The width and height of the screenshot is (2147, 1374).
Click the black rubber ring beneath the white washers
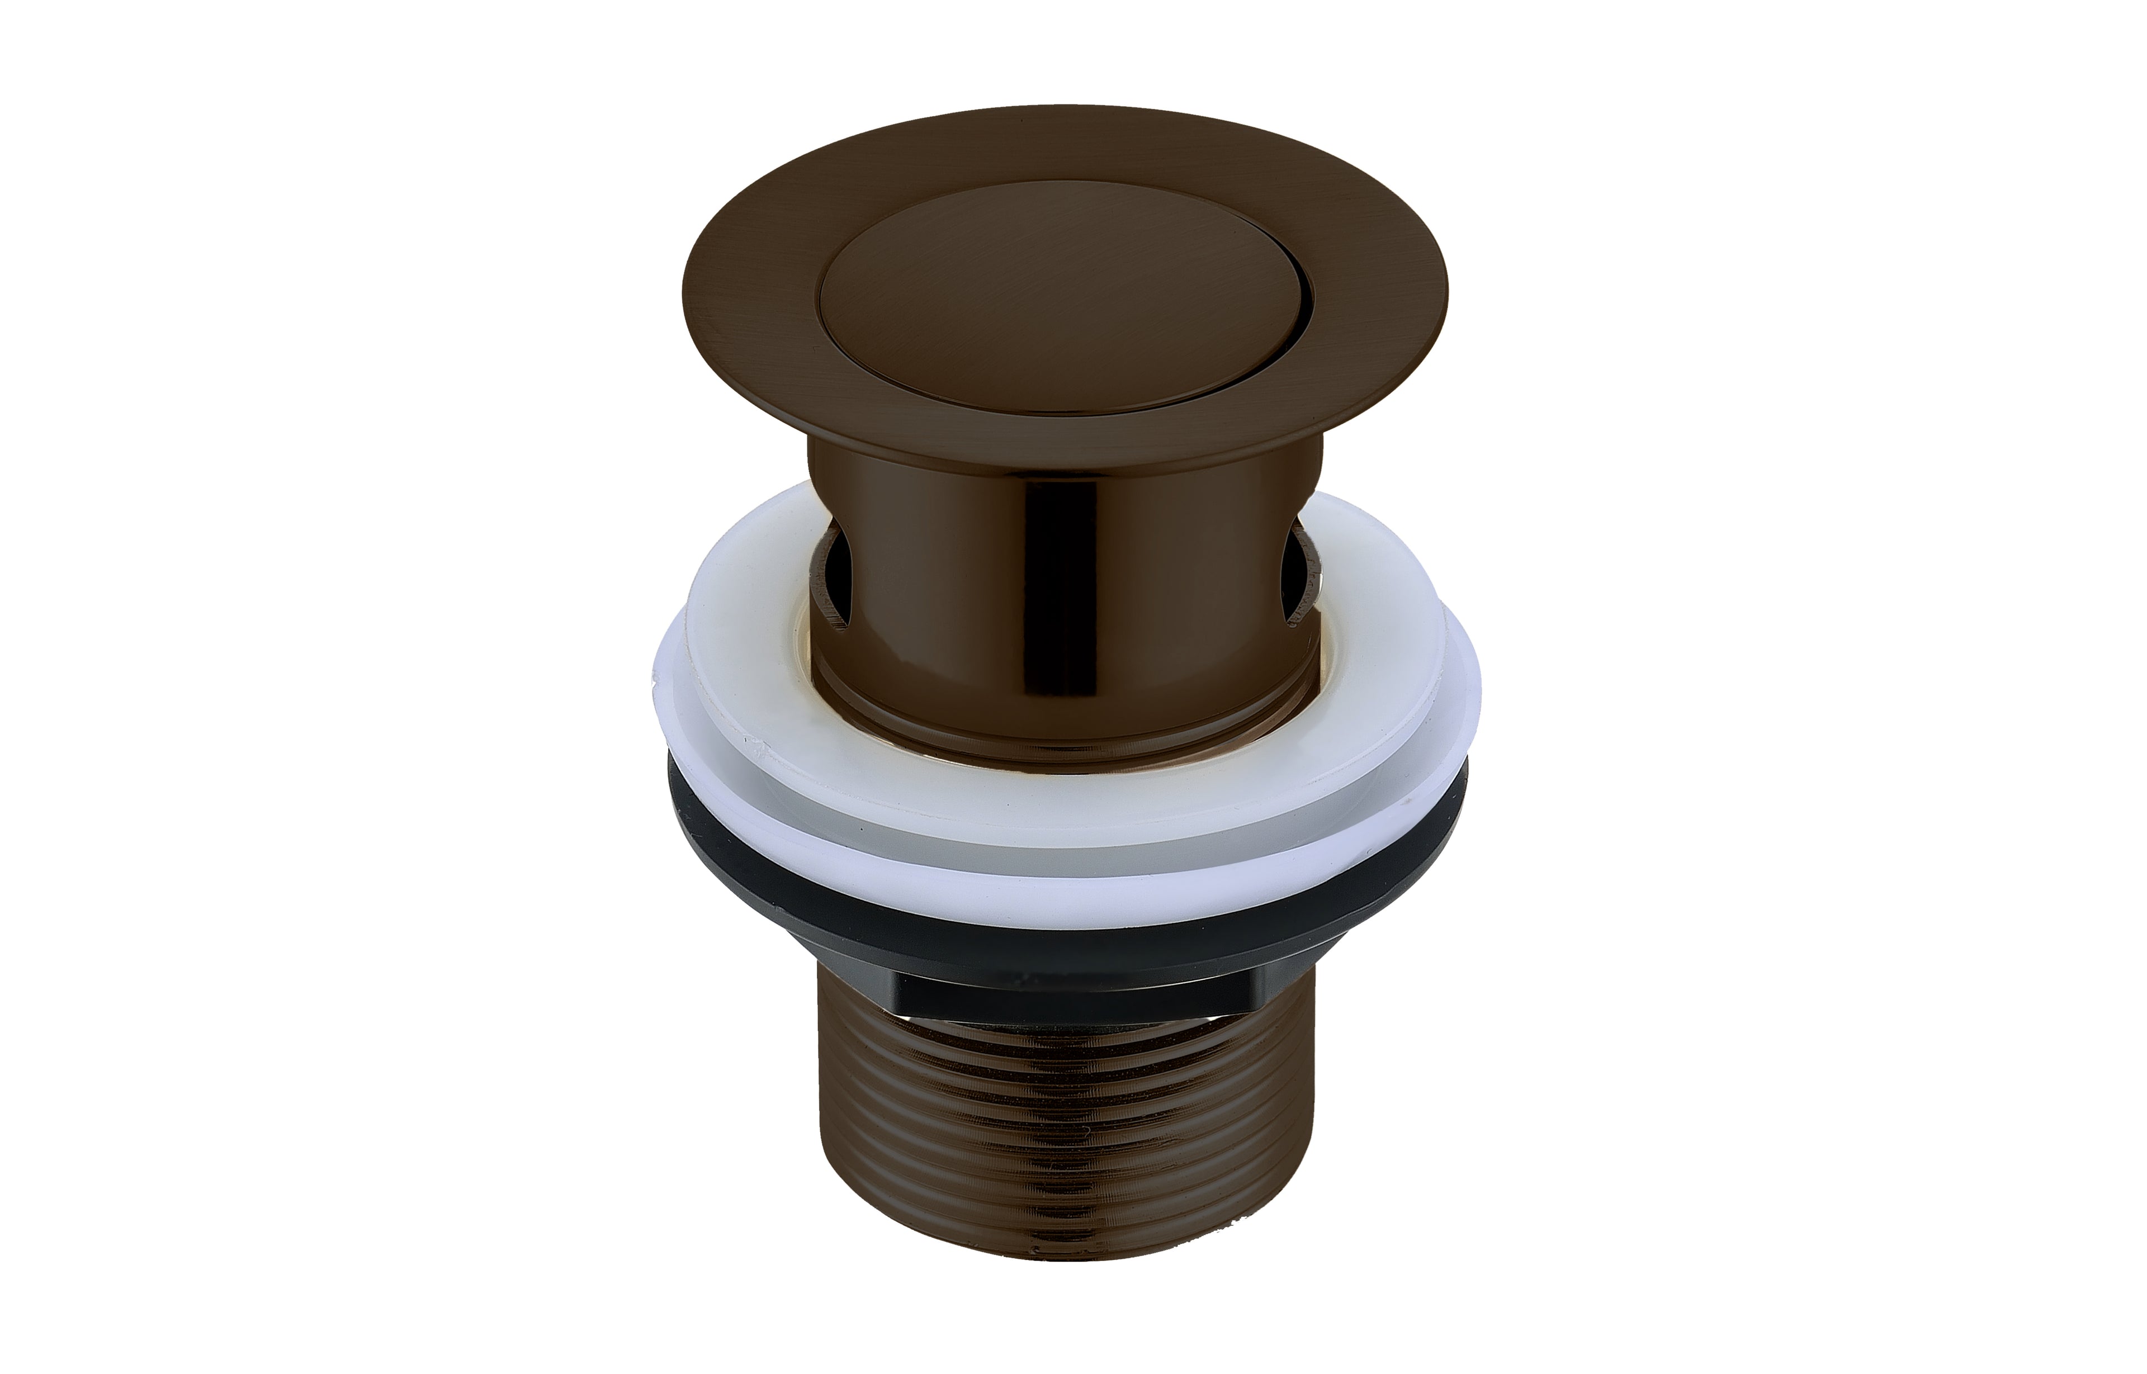pyautogui.click(x=1062, y=932)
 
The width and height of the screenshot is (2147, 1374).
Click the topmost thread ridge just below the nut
pyautogui.click(x=1062, y=1026)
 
